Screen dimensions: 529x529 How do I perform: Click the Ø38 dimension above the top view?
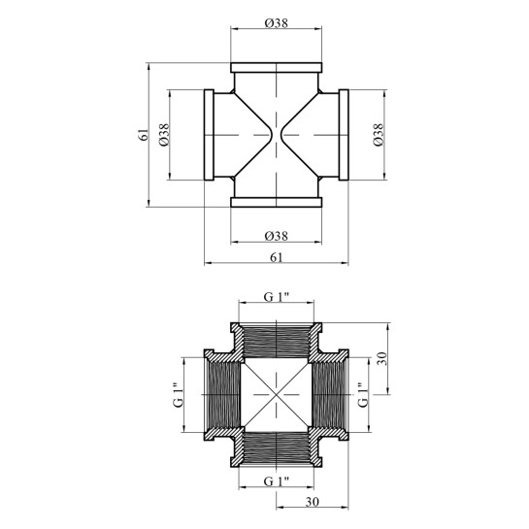[277, 23]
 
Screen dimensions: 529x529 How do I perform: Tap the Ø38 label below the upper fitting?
[277, 236]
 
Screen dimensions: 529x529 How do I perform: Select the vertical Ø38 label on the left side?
[164, 135]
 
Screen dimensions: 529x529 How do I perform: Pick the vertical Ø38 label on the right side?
[379, 135]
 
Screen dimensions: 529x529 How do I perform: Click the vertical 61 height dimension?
[143, 135]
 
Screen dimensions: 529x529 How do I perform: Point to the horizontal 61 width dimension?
[277, 257]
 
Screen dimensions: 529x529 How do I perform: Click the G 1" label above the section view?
[277, 297]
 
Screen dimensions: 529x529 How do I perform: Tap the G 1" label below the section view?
[277, 481]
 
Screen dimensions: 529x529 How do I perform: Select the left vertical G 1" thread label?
[179, 395]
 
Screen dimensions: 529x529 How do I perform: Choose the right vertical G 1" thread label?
[362, 395]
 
